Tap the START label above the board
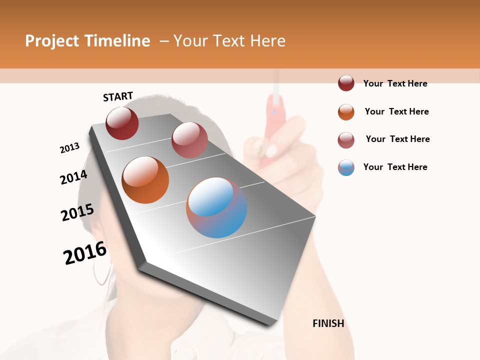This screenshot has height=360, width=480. point(118,96)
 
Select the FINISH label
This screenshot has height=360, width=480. point(328,323)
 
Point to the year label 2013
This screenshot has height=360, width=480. point(69,148)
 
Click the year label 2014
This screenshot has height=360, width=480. point(73,177)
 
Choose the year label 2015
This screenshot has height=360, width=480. point(77,212)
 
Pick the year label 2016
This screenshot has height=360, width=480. point(85,253)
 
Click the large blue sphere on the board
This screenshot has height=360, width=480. point(216,207)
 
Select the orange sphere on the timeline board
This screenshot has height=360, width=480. point(145,180)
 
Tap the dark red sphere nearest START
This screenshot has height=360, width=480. point(122,123)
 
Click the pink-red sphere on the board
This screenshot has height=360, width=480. point(189,140)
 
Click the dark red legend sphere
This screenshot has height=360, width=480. point(346,83)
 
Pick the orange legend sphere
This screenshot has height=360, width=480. point(346,112)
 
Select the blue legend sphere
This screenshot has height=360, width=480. point(346,167)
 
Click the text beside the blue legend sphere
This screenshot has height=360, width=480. point(395,167)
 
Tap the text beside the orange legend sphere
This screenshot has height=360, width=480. point(396,111)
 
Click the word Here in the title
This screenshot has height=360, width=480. point(267,41)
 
